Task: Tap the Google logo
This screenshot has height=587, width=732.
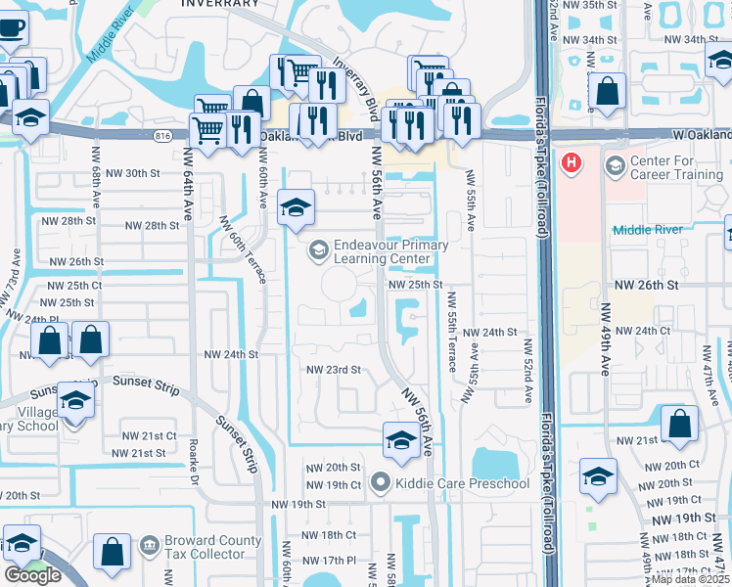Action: point(32,574)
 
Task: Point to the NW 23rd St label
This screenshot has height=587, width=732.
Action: point(334,370)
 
